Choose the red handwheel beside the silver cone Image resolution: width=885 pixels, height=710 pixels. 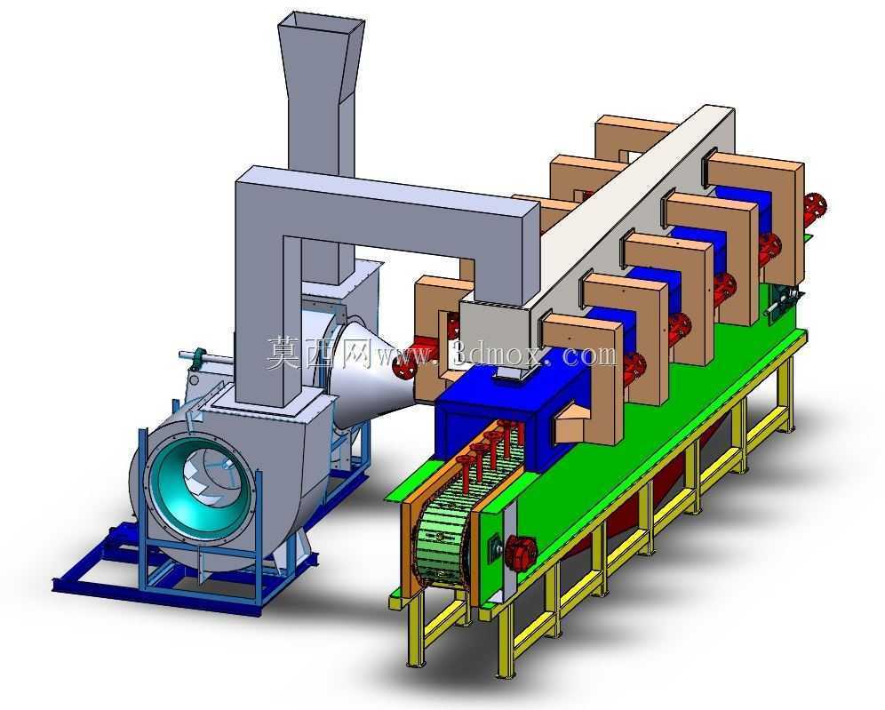point(404,366)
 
